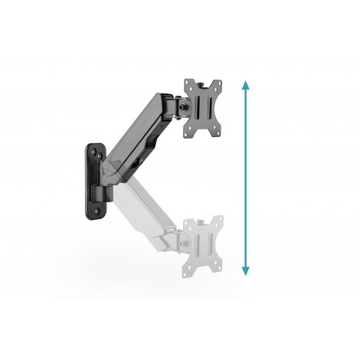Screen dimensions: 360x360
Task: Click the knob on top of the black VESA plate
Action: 202,80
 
